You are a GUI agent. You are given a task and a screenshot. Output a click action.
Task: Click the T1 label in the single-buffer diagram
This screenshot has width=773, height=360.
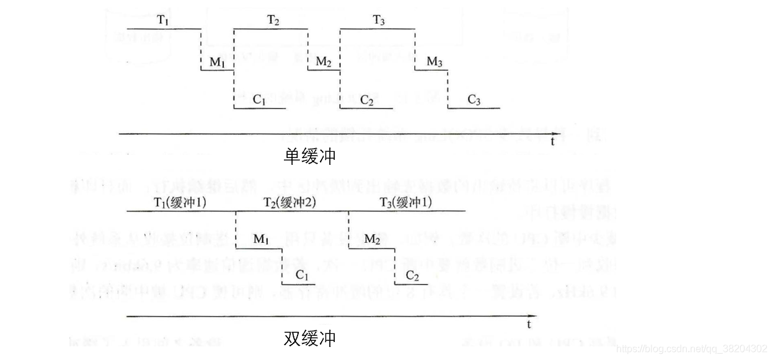click(163, 20)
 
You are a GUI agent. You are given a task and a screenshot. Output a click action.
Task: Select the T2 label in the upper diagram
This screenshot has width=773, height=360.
click(273, 20)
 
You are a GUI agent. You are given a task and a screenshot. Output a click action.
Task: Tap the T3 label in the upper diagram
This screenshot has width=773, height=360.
click(379, 20)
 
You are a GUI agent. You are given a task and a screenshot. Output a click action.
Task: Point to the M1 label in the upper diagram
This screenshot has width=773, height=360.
click(217, 62)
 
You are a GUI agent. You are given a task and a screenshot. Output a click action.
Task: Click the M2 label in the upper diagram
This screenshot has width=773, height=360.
click(324, 62)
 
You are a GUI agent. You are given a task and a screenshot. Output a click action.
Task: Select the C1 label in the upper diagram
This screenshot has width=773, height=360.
click(260, 100)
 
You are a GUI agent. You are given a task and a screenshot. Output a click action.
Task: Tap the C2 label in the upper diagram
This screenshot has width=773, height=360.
click(367, 100)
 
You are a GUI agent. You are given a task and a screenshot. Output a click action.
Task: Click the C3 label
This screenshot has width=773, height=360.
click(474, 100)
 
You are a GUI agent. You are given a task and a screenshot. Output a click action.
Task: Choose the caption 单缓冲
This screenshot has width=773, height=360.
click(310, 156)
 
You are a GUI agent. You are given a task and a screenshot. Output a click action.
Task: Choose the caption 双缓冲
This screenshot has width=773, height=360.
click(310, 338)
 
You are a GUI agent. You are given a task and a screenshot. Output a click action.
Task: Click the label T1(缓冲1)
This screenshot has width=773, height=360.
click(180, 203)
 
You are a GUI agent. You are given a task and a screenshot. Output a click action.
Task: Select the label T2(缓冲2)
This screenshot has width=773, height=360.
click(290, 203)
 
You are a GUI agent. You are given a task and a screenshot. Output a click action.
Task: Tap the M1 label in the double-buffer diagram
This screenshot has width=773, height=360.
click(262, 239)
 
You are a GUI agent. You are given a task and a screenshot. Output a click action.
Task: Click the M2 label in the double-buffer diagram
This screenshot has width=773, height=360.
click(372, 239)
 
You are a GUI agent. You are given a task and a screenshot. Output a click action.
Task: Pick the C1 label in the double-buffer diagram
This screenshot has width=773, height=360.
click(302, 275)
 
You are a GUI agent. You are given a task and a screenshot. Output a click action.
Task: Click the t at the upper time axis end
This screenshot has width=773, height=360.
click(552, 141)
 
